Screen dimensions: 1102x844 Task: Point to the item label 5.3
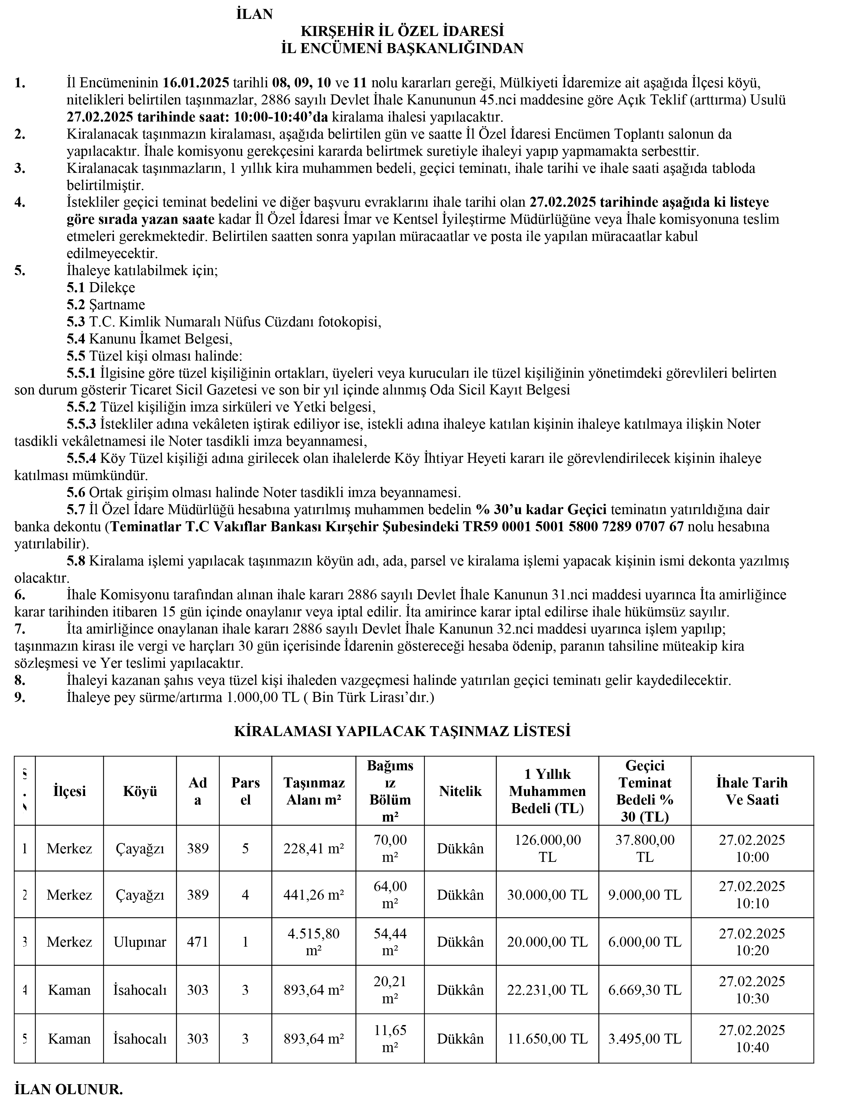click(76, 322)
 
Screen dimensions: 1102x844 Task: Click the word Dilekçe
click(112, 288)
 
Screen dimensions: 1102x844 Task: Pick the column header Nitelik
click(460, 791)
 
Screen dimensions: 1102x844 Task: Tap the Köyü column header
click(140, 791)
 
